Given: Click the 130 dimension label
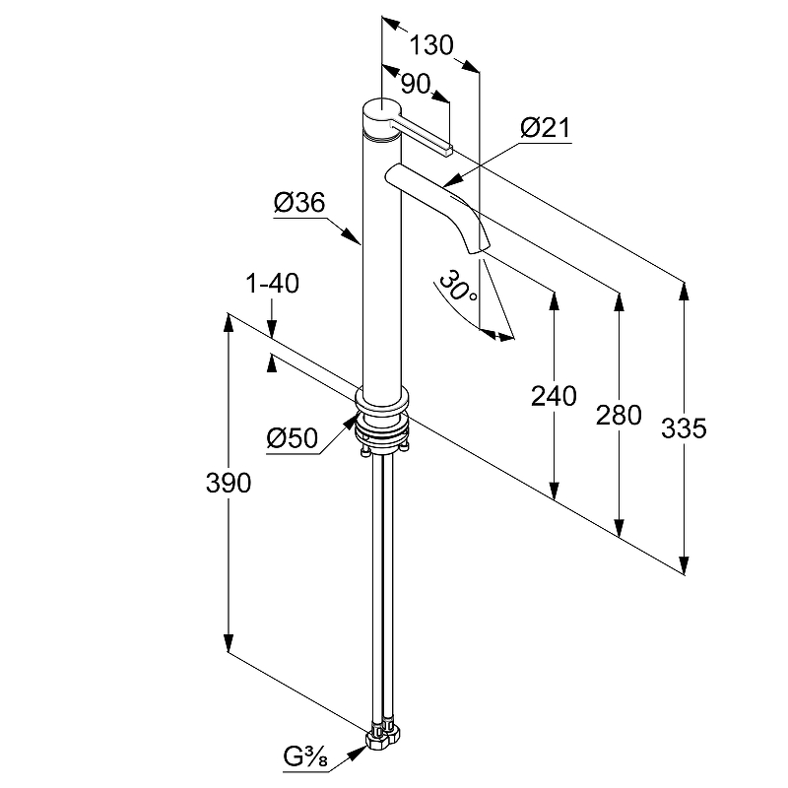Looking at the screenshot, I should pyautogui.click(x=430, y=45).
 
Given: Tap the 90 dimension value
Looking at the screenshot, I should pyautogui.click(x=416, y=84).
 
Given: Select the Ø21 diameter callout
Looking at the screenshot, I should pyautogui.click(x=544, y=128).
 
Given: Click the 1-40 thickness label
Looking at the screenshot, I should pyautogui.click(x=272, y=286).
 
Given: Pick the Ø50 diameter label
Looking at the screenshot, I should pyautogui.click(x=293, y=438).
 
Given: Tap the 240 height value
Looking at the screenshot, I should pyautogui.click(x=553, y=397).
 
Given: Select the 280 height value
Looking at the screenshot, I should pyautogui.click(x=619, y=414).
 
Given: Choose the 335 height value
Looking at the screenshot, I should pyautogui.click(x=684, y=428).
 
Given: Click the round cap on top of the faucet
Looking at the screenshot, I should pyautogui.click(x=381, y=110).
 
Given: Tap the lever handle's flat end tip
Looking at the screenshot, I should pyautogui.click(x=447, y=150).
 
